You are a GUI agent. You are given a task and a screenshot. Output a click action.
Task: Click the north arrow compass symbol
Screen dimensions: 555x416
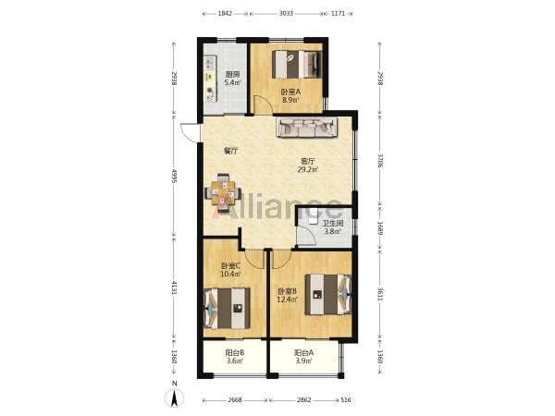click(174, 398)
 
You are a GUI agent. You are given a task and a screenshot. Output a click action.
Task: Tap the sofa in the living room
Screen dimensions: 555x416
click(306, 127)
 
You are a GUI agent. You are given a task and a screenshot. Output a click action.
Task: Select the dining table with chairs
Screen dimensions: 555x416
click(223, 193)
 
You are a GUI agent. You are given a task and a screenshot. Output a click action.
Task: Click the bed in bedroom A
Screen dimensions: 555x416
click(297, 65)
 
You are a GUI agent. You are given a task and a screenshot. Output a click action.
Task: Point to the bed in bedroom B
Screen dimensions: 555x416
click(328, 294)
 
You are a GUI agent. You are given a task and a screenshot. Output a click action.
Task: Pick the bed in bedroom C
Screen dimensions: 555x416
click(227, 308)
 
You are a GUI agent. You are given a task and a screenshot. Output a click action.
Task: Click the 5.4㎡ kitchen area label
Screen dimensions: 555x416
click(232, 83)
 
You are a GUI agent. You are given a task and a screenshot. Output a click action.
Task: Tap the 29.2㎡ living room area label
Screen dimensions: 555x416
click(308, 169)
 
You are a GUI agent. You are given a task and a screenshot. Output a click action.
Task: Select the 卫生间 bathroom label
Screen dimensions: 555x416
click(332, 224)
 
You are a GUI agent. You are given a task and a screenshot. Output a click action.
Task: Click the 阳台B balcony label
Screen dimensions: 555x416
click(235, 353)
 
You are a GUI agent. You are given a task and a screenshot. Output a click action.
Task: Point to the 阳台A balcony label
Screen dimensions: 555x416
click(303, 353)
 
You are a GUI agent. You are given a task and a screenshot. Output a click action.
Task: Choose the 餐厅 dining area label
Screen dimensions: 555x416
click(230, 151)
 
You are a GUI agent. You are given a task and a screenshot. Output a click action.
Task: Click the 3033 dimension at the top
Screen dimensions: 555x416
click(286, 14)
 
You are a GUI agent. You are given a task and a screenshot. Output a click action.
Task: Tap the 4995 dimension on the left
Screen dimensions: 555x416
click(174, 176)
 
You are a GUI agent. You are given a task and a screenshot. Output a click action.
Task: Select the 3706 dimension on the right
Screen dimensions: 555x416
click(380, 160)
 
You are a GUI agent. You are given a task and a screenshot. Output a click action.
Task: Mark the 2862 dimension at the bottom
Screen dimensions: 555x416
click(303, 399)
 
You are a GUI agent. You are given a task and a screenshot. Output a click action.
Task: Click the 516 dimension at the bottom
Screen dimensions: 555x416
click(345, 399)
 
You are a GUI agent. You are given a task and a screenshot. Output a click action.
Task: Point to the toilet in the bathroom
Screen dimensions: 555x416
click(314, 218)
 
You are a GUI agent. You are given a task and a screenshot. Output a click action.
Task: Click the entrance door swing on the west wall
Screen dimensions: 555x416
click(190, 133)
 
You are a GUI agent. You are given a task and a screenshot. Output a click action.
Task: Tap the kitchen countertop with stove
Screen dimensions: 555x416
click(209, 79)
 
